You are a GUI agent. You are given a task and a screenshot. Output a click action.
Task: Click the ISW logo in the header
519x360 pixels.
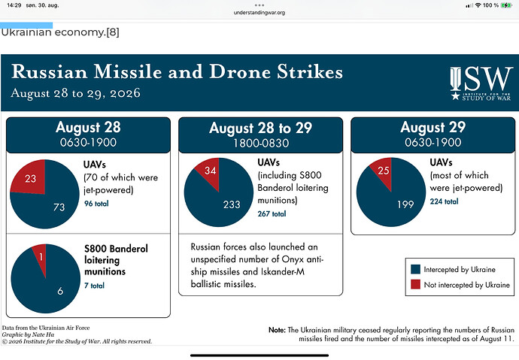pyautogui.click(x=481, y=83)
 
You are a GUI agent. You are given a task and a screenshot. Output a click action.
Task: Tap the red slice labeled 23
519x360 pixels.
pyautogui.click(x=30, y=177)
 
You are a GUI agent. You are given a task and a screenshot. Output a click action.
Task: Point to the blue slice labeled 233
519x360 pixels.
pyautogui.click(x=222, y=201)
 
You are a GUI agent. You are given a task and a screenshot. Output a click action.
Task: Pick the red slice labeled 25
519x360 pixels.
pyautogui.click(x=383, y=171)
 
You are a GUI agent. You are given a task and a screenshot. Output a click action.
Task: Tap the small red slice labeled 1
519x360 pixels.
pyautogui.click(x=41, y=258)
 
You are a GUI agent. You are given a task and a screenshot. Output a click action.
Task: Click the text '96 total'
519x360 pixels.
pyautogui.click(x=96, y=204)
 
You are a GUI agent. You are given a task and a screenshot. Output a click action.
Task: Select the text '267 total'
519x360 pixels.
pyautogui.click(x=272, y=214)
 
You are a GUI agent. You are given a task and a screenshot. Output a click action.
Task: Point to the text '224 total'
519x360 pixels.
pyautogui.click(x=445, y=201)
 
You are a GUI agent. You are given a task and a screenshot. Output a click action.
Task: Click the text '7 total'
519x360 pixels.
pyautogui.click(x=94, y=286)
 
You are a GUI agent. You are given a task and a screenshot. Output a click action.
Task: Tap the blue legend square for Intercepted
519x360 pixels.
pyautogui.click(x=415, y=269)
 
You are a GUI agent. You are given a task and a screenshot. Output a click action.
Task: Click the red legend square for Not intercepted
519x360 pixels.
pyautogui.click(x=415, y=284)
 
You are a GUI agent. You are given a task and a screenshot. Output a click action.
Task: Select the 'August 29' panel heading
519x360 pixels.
pyautogui.click(x=433, y=127)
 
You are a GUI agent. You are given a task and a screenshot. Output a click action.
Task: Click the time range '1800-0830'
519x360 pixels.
pyautogui.click(x=261, y=143)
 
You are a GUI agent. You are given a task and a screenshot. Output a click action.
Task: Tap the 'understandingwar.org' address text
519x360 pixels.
pyautogui.click(x=259, y=13)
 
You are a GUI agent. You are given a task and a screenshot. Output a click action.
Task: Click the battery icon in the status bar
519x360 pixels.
pyautogui.click(x=506, y=5)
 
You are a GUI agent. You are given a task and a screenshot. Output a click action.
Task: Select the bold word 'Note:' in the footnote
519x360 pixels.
pyautogui.click(x=277, y=330)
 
